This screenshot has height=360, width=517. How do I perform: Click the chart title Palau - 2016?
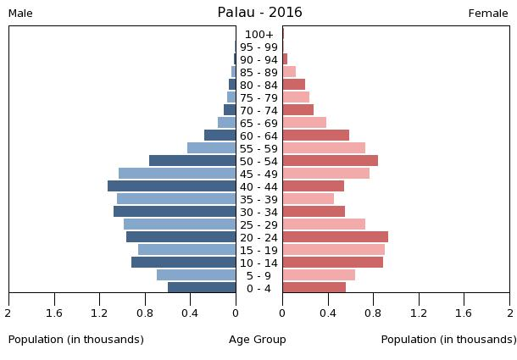tap(259, 13)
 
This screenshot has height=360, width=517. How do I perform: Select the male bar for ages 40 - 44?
tap(171, 186)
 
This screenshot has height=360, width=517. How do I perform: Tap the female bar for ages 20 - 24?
tap(335, 237)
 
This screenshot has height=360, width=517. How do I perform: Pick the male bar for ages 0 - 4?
tap(202, 288)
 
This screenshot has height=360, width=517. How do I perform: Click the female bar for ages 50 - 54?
tap(330, 161)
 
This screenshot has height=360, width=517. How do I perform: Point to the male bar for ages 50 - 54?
tap(192, 161)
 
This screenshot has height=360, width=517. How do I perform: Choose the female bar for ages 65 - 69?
tap(304, 123)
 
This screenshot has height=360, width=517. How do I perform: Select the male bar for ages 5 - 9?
tap(196, 275)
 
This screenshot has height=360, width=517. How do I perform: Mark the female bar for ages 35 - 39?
tap(308, 199)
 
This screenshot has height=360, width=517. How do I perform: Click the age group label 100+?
tap(258, 35)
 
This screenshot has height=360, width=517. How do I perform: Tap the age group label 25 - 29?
tap(258, 224)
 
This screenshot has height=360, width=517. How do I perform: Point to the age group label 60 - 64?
tap(258, 136)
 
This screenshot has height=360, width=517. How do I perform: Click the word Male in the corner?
tap(20, 14)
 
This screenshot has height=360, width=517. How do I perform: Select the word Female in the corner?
tap(488, 14)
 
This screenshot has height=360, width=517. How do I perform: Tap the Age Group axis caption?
tap(258, 340)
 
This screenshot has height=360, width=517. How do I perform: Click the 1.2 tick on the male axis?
tap(100, 313)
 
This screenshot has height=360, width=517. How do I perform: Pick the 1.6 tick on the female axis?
tap(464, 313)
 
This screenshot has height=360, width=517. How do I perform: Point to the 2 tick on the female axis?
tap(509, 313)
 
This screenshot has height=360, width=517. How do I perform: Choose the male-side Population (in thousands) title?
tap(76, 340)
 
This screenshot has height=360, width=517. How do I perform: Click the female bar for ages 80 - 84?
tap(293, 85)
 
